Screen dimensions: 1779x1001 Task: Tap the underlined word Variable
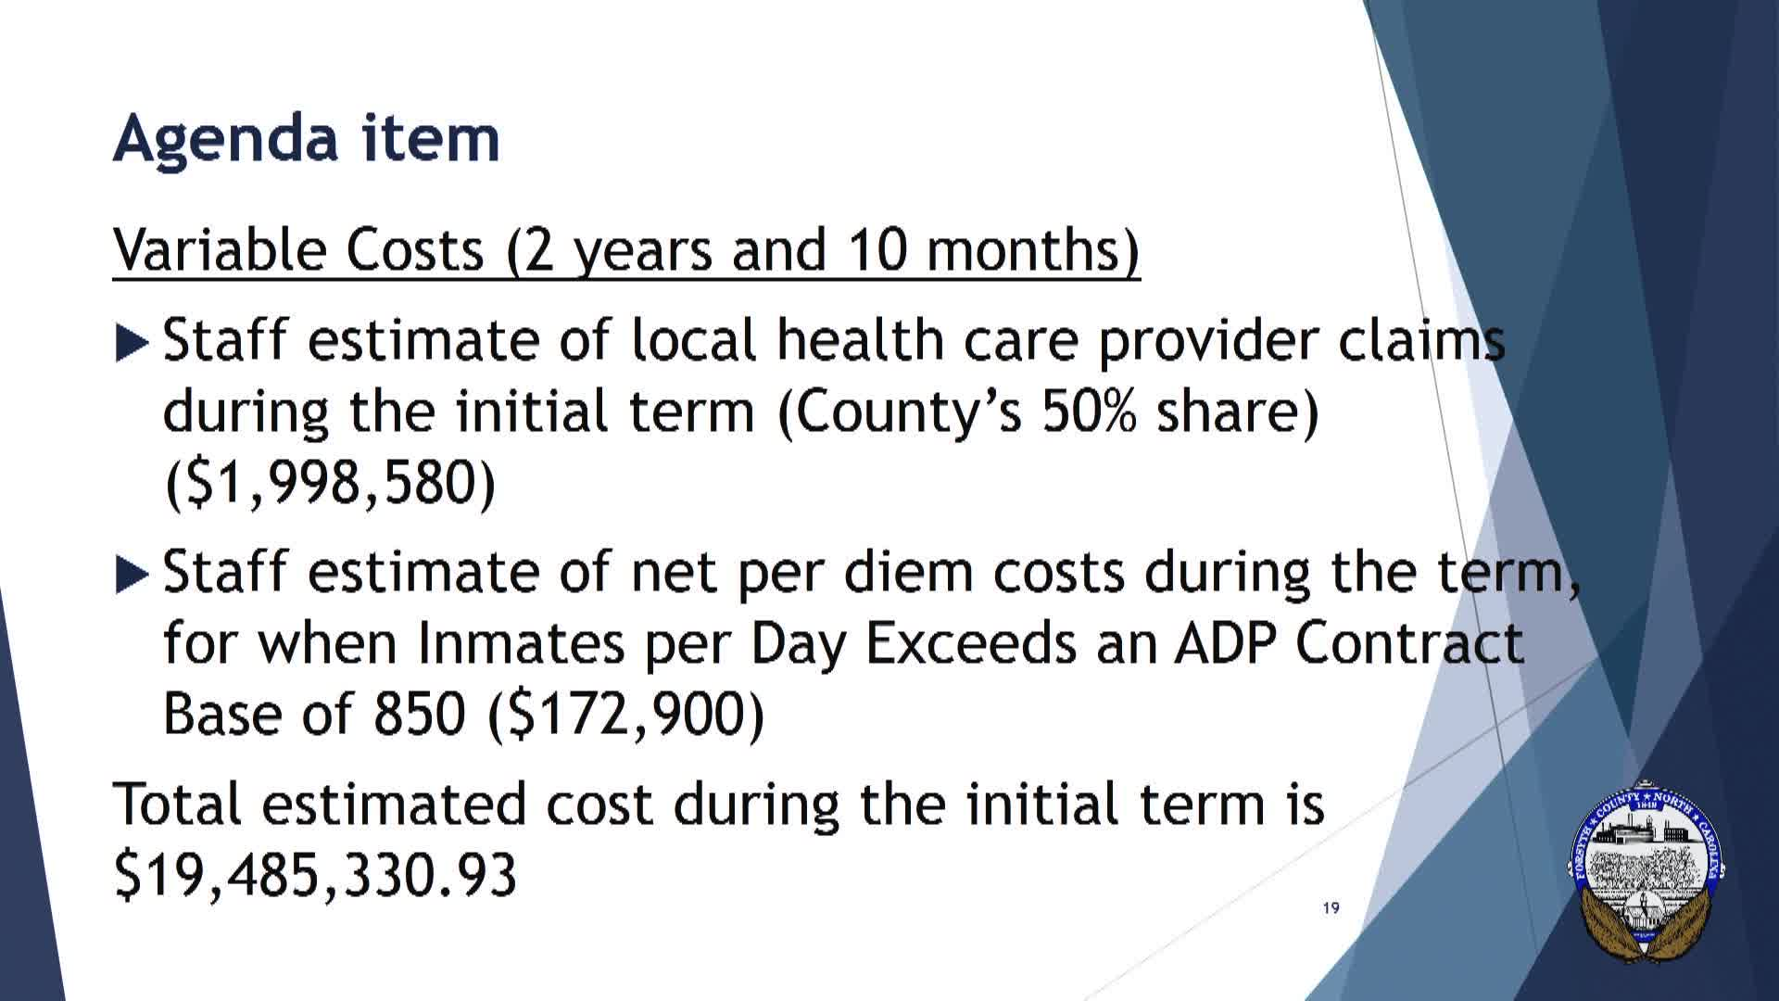(221, 249)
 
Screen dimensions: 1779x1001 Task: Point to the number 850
(419, 715)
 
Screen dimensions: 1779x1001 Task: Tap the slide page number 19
(1331, 907)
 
